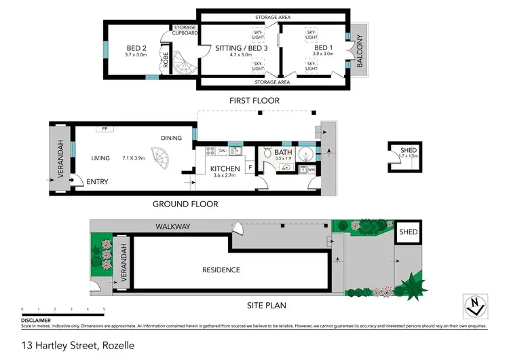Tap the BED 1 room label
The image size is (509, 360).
322,48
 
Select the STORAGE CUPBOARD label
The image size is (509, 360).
185,30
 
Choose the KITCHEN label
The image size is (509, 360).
225,168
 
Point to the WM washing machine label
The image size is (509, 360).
312,169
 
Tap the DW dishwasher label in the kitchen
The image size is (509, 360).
222,151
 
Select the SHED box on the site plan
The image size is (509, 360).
409,232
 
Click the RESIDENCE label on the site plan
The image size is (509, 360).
221,270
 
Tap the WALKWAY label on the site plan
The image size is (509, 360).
173,226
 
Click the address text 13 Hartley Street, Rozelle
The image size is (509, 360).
77,345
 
